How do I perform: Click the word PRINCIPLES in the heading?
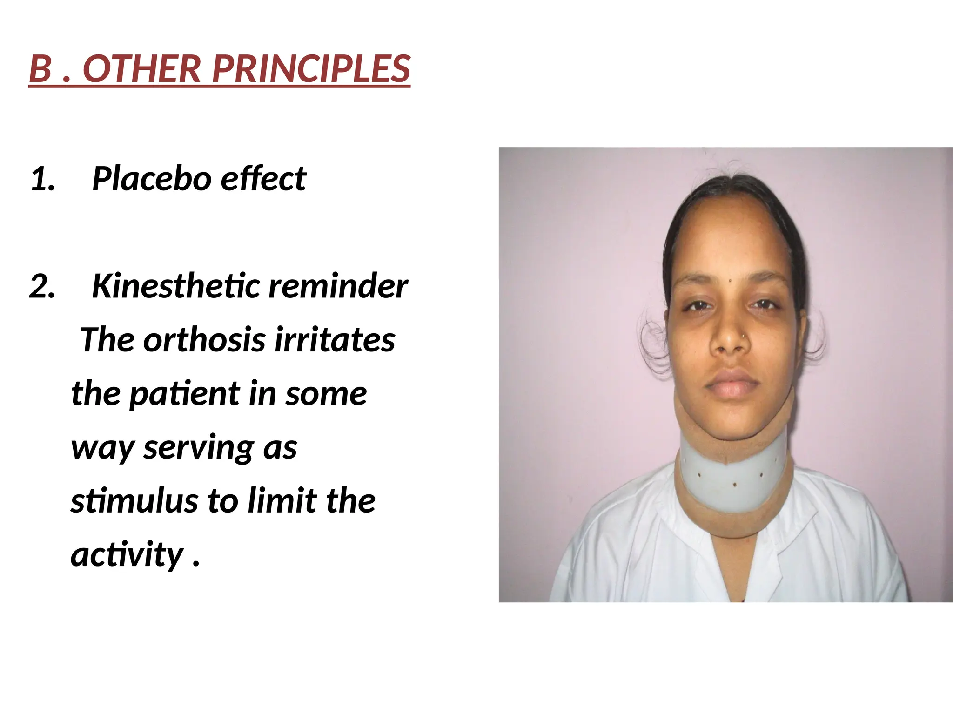(311, 69)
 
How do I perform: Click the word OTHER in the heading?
(141, 69)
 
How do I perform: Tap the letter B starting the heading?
(40, 69)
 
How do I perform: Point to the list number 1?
(41, 180)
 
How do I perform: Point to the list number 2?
(41, 287)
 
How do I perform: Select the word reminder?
(338, 286)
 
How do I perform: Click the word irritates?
(335, 340)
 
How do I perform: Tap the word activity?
(127, 555)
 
